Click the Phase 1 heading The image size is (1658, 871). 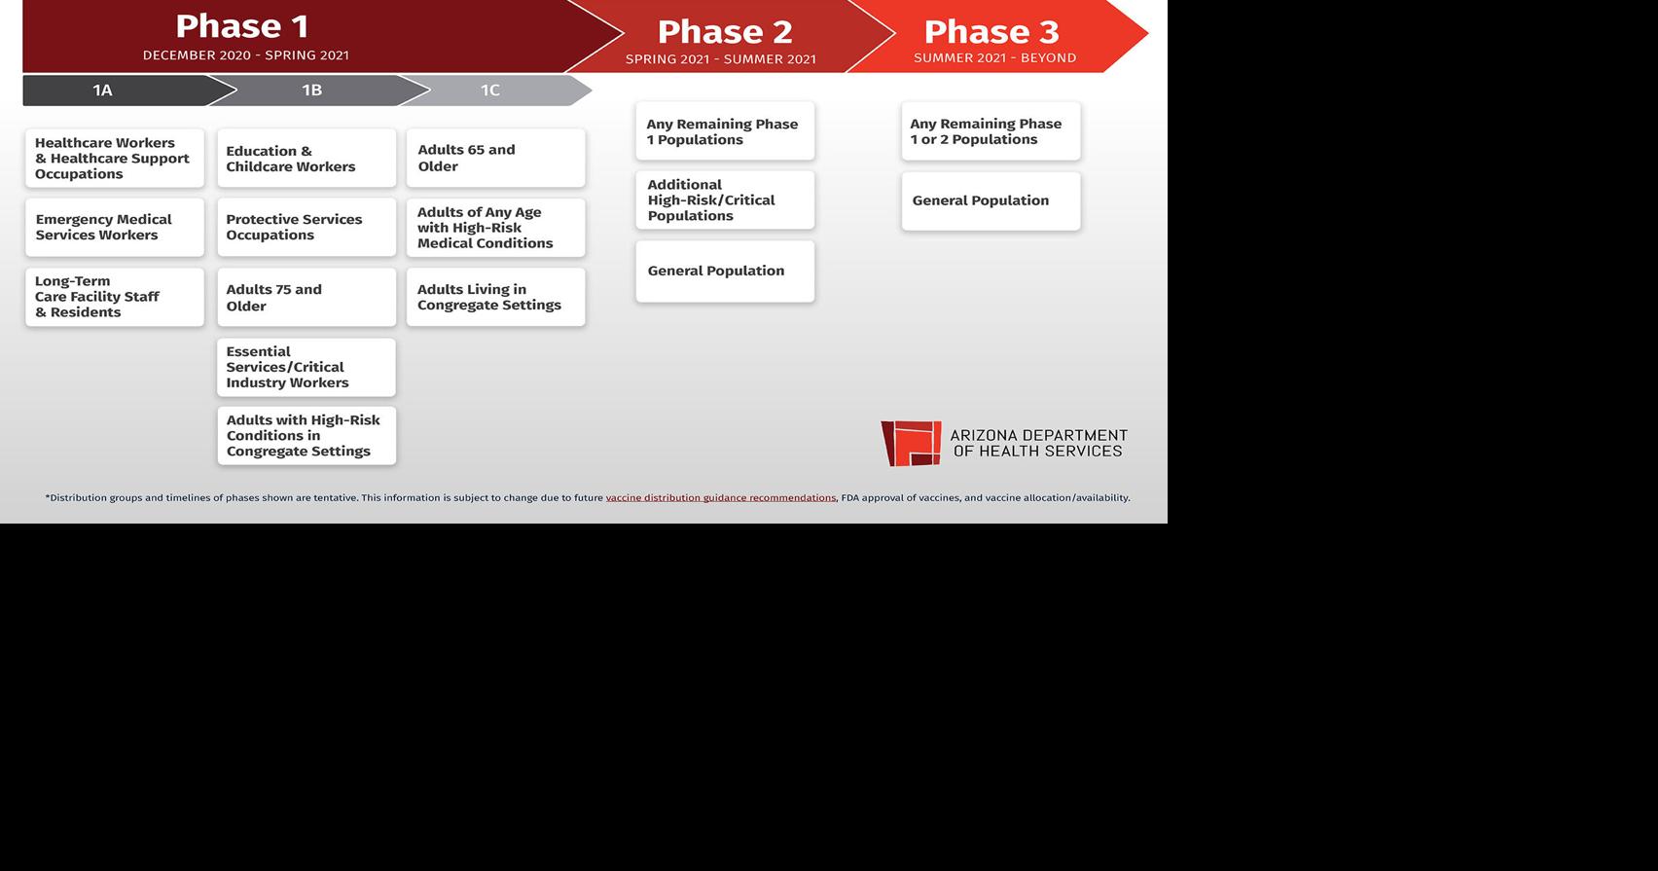(242, 26)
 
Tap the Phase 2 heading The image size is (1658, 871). (725, 32)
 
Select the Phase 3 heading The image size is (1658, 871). (991, 32)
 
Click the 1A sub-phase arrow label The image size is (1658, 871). (102, 91)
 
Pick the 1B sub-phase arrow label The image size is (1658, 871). (311, 91)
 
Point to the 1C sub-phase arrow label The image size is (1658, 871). (490, 91)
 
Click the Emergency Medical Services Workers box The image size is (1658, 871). (115, 227)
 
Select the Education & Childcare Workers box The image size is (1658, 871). (306, 159)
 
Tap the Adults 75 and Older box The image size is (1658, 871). (306, 298)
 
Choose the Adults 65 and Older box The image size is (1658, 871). (496, 159)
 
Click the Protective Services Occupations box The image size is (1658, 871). (306, 227)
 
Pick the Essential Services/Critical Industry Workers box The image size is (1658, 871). (306, 367)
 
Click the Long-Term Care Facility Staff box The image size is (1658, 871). (115, 298)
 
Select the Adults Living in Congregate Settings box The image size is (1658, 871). (496, 298)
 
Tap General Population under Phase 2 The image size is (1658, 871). (726, 271)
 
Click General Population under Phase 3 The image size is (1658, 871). (991, 200)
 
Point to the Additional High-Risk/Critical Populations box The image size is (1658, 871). (726, 200)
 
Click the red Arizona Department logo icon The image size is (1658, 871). (911, 443)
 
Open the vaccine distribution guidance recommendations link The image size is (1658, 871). (721, 498)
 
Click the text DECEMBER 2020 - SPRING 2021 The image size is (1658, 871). (246, 55)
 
